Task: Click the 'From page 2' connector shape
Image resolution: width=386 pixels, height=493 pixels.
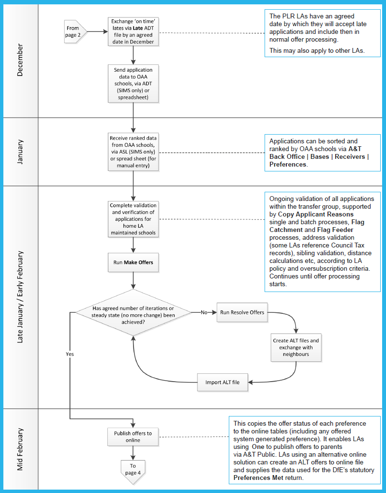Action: tap(75, 32)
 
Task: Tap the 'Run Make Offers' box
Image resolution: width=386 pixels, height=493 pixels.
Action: tap(133, 262)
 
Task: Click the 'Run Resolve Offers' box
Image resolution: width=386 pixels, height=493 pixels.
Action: tap(242, 312)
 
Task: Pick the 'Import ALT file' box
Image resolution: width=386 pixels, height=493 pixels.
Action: tap(223, 382)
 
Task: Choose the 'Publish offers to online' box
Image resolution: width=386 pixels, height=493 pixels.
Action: tap(133, 437)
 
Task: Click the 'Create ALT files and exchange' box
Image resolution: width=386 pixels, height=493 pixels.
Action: tap(296, 347)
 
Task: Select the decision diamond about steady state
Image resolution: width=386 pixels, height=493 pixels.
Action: tap(133, 312)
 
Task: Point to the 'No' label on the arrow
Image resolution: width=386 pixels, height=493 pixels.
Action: tap(204, 312)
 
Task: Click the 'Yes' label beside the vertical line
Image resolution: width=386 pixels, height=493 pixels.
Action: tap(70, 354)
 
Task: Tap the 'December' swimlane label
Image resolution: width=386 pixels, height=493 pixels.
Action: tap(20, 60)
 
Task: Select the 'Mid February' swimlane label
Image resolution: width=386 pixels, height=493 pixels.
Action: tap(20, 449)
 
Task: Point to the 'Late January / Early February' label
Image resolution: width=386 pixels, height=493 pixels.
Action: tap(20, 297)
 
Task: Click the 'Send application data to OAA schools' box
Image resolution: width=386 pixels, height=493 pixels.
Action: tap(133, 84)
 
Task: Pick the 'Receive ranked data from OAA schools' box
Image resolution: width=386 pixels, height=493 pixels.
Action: tap(133, 152)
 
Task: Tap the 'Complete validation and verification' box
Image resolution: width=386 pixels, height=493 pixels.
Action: tap(133, 219)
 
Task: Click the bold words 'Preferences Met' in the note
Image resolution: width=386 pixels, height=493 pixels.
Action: tap(258, 478)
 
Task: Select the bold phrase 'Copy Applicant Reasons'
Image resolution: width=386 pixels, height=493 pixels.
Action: tap(316, 215)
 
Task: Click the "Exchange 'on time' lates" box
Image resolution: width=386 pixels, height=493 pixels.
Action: tap(133, 31)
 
